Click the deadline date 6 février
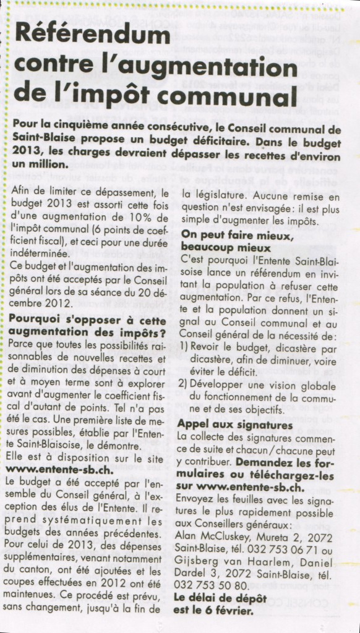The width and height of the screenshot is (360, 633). coord(229,610)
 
